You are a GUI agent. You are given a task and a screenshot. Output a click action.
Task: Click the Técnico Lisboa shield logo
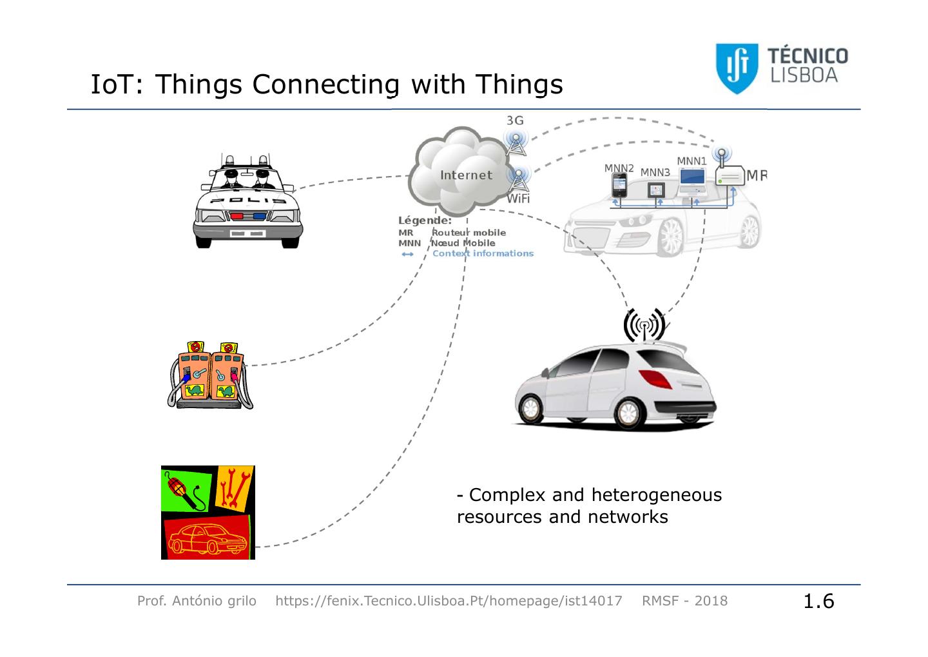point(737,68)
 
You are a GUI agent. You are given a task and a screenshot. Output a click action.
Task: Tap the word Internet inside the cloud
point(466,175)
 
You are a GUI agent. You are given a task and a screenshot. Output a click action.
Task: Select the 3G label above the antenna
point(515,121)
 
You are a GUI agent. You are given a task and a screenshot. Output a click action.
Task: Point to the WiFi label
point(518,199)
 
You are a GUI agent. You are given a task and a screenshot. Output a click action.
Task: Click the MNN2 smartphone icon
point(619,187)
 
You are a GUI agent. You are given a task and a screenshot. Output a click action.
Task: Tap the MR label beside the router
point(757,175)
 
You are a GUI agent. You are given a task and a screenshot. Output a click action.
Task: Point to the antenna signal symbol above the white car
point(644,326)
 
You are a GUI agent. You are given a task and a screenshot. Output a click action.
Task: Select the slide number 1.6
point(818,601)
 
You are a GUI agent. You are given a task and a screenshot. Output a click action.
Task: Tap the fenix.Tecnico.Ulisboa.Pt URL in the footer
point(449,601)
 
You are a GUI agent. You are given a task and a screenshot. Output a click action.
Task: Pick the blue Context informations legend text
point(483,253)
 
